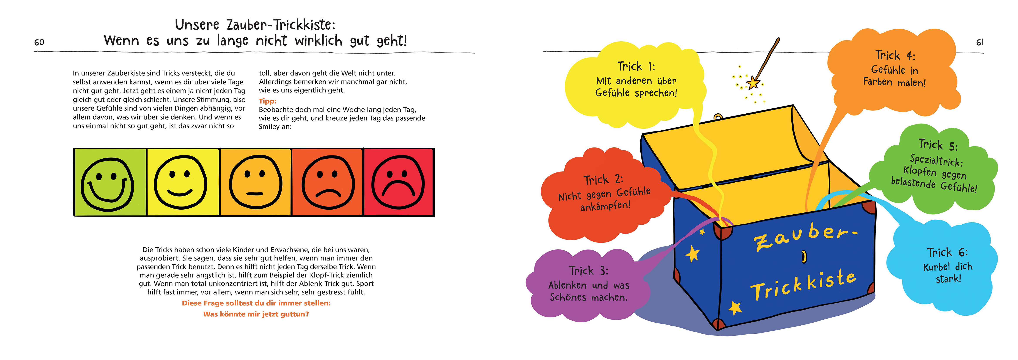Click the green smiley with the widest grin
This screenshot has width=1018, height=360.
108,184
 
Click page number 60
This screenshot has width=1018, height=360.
39,42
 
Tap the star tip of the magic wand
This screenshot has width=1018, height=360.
753,83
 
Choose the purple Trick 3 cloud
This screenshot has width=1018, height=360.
588,284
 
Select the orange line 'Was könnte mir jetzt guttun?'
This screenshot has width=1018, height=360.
256,314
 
